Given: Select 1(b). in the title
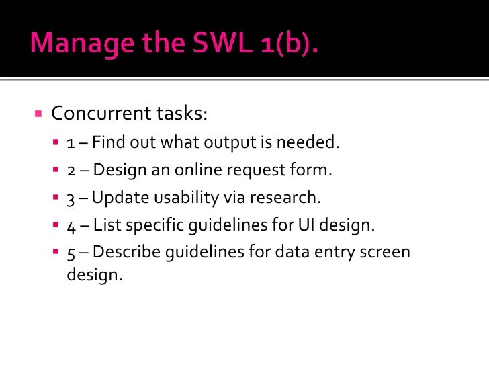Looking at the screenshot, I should point(285,44).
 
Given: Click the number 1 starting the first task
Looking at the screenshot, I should point(71,142).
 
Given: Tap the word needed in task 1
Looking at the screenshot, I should point(311,142).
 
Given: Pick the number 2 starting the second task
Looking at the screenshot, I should point(71,170).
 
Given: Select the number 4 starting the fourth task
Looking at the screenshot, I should point(71,225).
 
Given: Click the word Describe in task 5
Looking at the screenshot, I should point(124,253).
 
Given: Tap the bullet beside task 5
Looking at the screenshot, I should point(56,252).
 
